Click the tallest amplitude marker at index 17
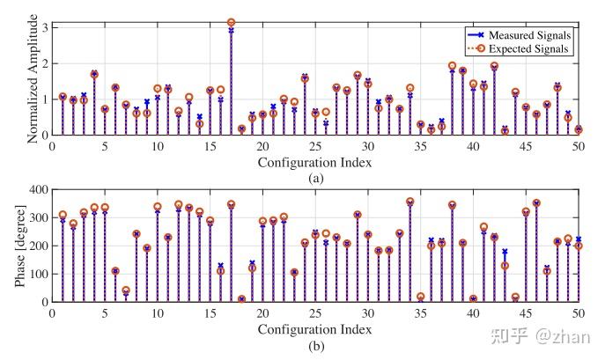(x=231, y=22)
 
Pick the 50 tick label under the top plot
(x=579, y=146)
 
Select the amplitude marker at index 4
(x=94, y=75)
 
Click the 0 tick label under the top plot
(x=51, y=146)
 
